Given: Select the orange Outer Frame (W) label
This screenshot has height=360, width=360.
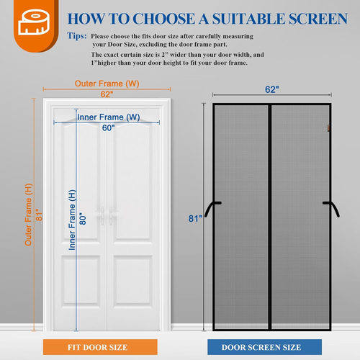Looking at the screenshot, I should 107,84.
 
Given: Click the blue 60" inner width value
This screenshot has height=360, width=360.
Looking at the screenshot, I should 108,128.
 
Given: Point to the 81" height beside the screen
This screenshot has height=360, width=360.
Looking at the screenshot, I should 194,219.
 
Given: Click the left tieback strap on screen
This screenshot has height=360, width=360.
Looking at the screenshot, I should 210,208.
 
